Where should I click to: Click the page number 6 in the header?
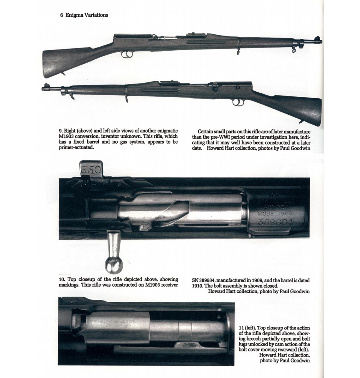tap(61, 15)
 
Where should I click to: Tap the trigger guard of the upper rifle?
tap(127, 54)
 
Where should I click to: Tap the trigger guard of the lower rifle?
tap(238, 102)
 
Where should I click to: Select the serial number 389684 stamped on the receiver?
tap(275, 222)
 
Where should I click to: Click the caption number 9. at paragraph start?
tap(61, 131)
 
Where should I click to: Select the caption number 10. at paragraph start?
tap(62, 279)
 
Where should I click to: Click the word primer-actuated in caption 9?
tap(76, 148)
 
